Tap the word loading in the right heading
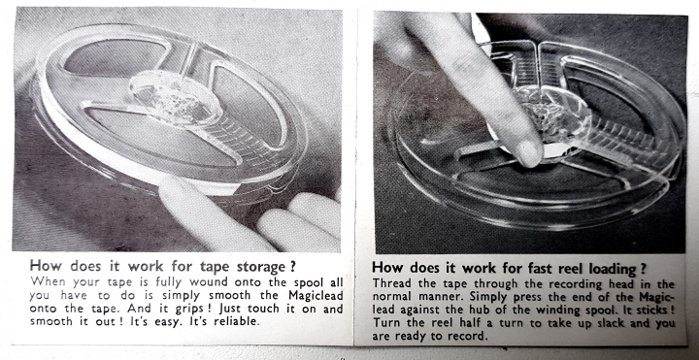pyautogui.click(x=614, y=268)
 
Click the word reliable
pyautogui.click(x=237, y=322)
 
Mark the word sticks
pyautogui.click(x=654, y=310)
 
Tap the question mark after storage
pyautogui.click(x=292, y=267)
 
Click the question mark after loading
pyautogui.click(x=644, y=268)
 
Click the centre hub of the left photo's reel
pyautogui.click(x=175, y=98)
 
